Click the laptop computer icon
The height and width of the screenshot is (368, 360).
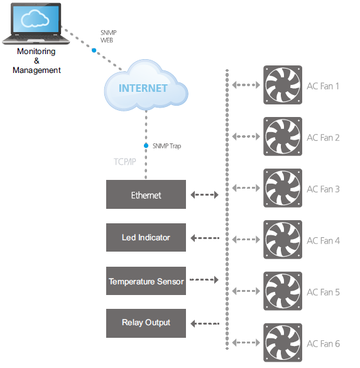(x=36, y=23)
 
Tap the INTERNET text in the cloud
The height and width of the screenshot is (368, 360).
(x=143, y=88)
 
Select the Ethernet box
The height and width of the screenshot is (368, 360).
(x=146, y=194)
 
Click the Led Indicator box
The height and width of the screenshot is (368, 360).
(x=146, y=237)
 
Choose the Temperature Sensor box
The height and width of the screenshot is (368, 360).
(x=146, y=281)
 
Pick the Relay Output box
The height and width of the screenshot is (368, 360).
(x=146, y=323)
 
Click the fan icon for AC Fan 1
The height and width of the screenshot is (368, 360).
(x=283, y=85)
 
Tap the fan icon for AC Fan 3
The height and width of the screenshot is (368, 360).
(x=283, y=187)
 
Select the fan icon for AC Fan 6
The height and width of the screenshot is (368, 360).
(x=283, y=342)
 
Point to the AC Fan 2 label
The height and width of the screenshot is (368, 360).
(x=323, y=138)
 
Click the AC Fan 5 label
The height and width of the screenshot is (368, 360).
(x=323, y=292)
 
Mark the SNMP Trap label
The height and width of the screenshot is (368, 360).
(x=166, y=146)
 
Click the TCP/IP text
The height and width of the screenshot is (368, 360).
(x=124, y=162)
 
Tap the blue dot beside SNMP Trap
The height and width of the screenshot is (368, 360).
(x=146, y=145)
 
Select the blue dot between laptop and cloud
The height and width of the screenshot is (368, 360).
(x=94, y=50)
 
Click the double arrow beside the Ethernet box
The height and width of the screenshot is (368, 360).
(x=204, y=194)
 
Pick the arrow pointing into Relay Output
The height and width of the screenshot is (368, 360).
(x=205, y=323)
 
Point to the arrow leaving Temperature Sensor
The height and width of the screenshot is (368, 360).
(x=204, y=279)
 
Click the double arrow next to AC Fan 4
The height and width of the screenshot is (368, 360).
(x=246, y=240)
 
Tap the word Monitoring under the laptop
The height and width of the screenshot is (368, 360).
(x=36, y=52)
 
